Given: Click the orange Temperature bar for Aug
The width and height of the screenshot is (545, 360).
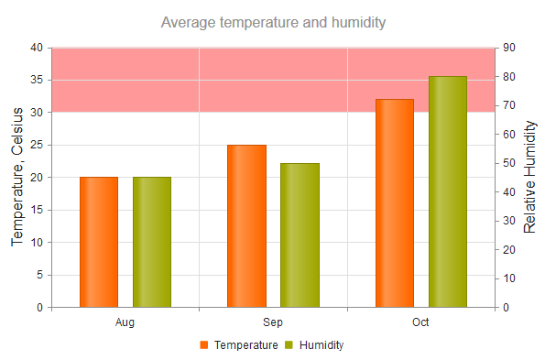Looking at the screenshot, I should pyautogui.click(x=99, y=242).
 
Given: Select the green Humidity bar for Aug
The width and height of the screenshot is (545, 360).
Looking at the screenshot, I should pyautogui.click(x=152, y=242).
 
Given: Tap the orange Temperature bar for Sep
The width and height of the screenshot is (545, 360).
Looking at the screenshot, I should pyautogui.click(x=246, y=225).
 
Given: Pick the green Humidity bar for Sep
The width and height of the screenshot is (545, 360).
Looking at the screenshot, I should pyautogui.click(x=300, y=235).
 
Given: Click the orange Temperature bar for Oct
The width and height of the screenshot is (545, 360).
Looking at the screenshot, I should pyautogui.click(x=395, y=202).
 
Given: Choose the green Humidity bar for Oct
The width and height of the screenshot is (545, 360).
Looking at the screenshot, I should pyautogui.click(x=448, y=191).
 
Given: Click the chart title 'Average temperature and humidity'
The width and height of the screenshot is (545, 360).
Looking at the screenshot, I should pyautogui.click(x=273, y=22).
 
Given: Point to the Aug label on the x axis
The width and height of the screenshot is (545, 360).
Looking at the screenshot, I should pyautogui.click(x=125, y=322).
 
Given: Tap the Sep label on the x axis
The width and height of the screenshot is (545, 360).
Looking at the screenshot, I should pyautogui.click(x=273, y=322).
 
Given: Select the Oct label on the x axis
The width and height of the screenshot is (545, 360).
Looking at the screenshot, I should pyautogui.click(x=420, y=322).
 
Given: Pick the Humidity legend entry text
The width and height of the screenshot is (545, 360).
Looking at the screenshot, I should pyautogui.click(x=322, y=345).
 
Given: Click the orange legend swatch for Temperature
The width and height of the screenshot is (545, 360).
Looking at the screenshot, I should pyautogui.click(x=204, y=345).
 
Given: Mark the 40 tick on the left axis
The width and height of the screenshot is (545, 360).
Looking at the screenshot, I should pyautogui.click(x=37, y=48).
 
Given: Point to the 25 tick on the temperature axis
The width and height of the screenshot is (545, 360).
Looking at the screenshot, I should pyautogui.click(x=37, y=145).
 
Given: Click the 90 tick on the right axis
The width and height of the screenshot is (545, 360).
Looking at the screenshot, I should pyautogui.click(x=509, y=48).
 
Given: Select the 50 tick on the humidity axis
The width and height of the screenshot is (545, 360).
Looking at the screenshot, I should pyautogui.click(x=509, y=163).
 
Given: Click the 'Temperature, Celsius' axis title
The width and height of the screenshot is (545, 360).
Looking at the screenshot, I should pyautogui.click(x=17, y=177).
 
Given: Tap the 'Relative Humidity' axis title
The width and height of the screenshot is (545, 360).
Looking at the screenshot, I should pyautogui.click(x=530, y=177).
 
